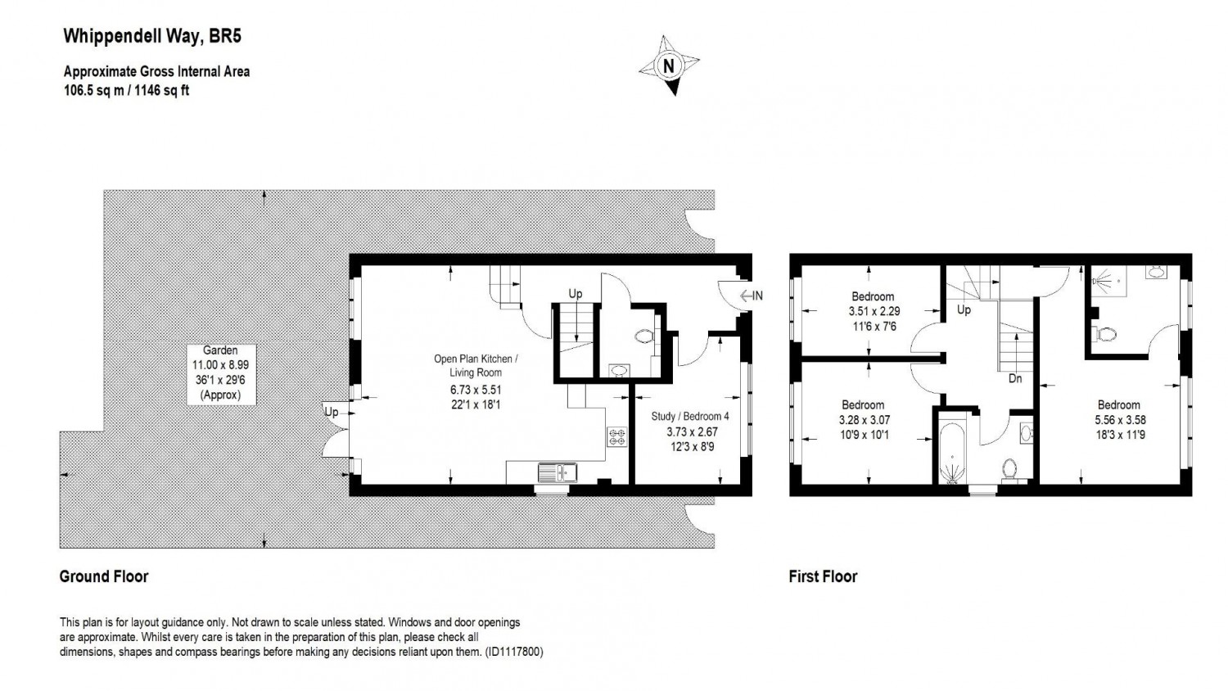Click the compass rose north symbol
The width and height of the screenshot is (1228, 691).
click(670, 65)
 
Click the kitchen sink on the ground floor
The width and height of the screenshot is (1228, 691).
click(558, 472)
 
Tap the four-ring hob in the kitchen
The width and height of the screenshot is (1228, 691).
click(616, 437)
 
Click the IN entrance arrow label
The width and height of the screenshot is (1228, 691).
click(752, 296)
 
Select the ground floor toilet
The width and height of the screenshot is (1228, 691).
click(644, 336)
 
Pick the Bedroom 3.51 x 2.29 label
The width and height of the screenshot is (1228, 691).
click(873, 311)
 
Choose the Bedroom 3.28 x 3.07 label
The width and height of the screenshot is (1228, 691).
click(863, 419)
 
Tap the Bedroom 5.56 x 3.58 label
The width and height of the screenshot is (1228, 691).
click(1118, 419)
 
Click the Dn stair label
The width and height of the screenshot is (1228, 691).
click(1014, 379)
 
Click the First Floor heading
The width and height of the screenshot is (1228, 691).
click(823, 576)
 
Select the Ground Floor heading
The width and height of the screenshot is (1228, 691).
click(104, 576)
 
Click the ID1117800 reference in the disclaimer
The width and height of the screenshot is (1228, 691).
click(513, 653)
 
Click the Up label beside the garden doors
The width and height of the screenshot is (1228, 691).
click(331, 412)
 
